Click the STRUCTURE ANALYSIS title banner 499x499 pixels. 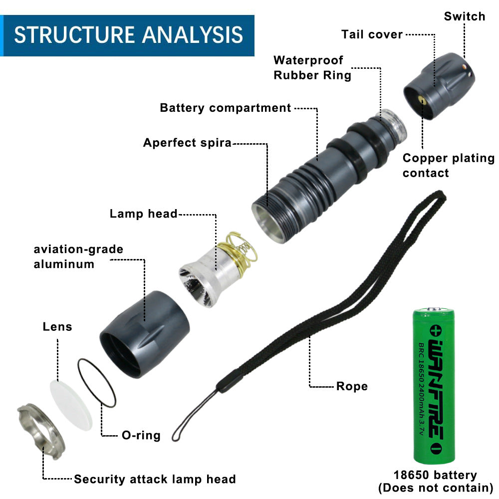pyautogui.click(x=128, y=35)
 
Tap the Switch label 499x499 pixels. pyautogui.click(x=464, y=16)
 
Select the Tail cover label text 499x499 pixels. pyautogui.click(x=372, y=34)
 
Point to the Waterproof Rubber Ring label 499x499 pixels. pyautogui.click(x=312, y=68)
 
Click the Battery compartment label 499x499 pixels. pyautogui.click(x=225, y=108)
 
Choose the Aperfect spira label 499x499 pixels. pyautogui.click(x=187, y=143)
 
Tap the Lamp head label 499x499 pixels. pyautogui.click(x=144, y=214)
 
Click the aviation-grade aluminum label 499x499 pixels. pyautogui.click(x=78, y=256)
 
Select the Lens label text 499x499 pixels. pyautogui.click(x=57, y=327)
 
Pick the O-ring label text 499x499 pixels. pyautogui.click(x=141, y=435)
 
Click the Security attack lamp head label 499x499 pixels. pyautogui.click(x=155, y=480)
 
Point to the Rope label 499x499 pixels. pyautogui.click(x=352, y=386)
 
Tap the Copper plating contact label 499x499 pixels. pyautogui.click(x=448, y=165)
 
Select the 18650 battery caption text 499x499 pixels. pyautogui.click(x=435, y=481)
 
